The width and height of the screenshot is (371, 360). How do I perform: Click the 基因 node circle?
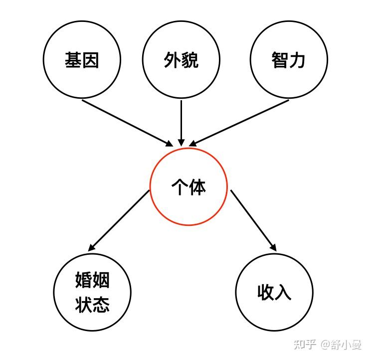click(82, 60)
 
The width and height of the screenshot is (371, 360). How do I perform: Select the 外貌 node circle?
click(181, 60)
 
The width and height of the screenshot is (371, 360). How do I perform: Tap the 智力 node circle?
click(289, 60)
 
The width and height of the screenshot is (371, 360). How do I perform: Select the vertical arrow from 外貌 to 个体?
click(181, 122)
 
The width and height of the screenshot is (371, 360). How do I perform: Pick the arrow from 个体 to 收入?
click(253, 220)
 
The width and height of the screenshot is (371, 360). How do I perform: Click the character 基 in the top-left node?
click(73, 60)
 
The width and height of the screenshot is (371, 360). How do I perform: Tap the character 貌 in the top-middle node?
click(190, 60)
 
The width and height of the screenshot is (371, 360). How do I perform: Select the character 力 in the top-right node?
click(298, 60)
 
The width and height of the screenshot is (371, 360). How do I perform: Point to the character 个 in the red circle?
click(180, 187)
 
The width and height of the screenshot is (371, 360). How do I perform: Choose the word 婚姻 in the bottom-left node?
click(92, 281)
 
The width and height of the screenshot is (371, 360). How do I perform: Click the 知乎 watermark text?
click(305, 345)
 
